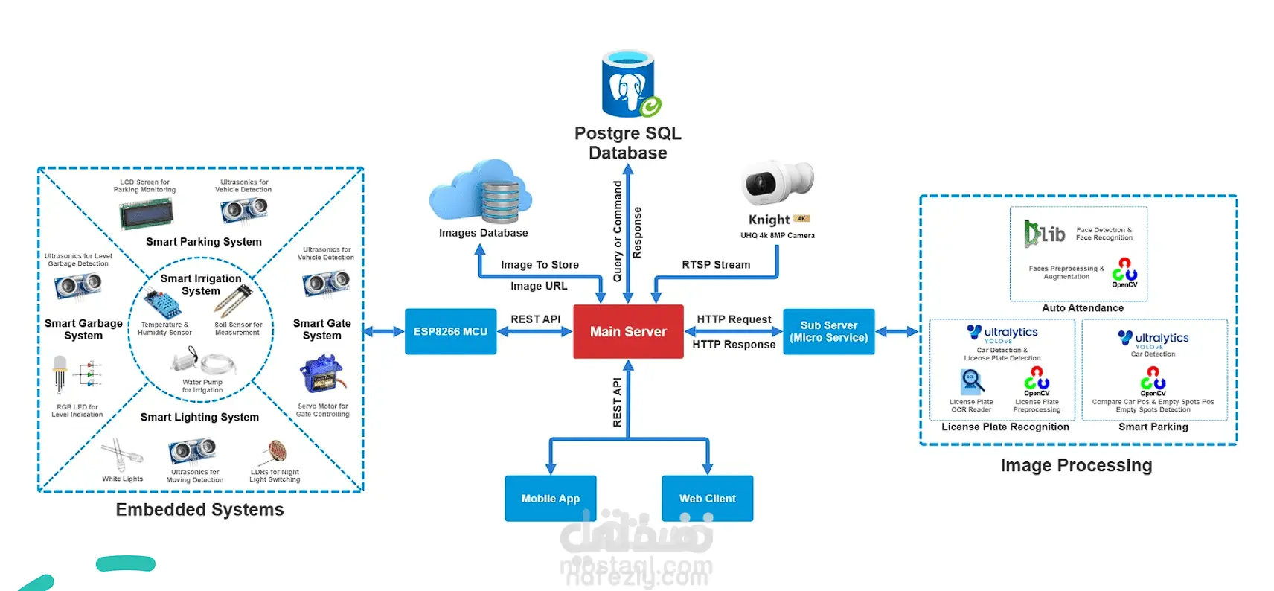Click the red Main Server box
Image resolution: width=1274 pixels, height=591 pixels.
(628, 331)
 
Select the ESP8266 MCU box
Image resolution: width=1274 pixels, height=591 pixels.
(450, 331)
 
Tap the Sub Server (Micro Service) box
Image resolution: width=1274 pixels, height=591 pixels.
(828, 331)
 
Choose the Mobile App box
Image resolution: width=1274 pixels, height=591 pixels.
(550, 498)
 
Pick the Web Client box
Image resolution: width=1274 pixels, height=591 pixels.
(707, 498)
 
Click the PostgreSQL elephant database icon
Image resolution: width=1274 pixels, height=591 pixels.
(630, 84)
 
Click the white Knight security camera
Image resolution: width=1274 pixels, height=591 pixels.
(777, 182)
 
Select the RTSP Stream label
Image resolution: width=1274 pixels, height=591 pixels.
(716, 264)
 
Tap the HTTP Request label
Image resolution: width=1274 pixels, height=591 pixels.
(734, 319)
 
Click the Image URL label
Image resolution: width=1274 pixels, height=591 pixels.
(539, 286)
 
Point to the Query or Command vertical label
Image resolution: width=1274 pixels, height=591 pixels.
(617, 231)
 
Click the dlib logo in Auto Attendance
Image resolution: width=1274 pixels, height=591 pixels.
(1044, 233)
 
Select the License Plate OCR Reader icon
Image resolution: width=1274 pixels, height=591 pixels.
(971, 382)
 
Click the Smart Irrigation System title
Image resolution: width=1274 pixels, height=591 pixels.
(201, 284)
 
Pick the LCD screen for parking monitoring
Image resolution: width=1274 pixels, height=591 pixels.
(146, 214)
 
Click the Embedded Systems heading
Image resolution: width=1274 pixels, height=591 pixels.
(199, 510)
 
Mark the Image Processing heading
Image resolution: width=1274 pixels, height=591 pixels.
(1076, 466)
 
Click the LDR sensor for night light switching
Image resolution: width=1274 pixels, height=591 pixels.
(276, 451)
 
